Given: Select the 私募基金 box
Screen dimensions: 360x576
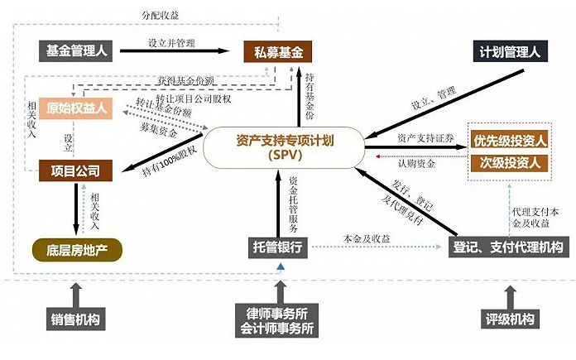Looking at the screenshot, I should pos(277,52).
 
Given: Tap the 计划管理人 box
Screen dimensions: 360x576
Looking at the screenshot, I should pos(509,51).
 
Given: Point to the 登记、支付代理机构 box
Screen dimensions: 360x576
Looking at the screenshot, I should pos(508,247).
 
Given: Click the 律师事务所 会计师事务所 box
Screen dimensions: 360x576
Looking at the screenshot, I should pos(281,320).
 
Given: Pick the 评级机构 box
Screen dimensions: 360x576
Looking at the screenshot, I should pos(508,318).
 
